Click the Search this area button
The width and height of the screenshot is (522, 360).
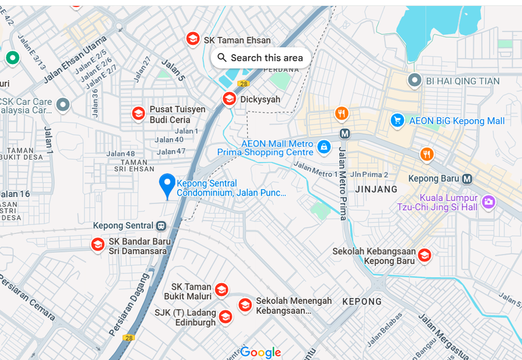(260, 57)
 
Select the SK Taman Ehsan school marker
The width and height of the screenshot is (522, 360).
(193, 39)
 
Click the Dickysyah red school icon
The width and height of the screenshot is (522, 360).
(229, 98)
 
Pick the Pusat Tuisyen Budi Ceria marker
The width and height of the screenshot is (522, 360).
(138, 113)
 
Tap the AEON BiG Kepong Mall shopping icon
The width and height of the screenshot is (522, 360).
(397, 120)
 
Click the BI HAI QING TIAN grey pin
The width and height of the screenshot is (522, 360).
(414, 80)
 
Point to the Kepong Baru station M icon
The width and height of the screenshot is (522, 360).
(467, 178)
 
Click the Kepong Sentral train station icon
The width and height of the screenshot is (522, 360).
(161, 226)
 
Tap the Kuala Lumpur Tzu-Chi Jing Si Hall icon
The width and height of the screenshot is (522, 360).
(489, 202)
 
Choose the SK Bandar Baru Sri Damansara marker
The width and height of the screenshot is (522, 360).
(97, 245)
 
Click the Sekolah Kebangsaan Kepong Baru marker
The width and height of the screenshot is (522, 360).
(424, 255)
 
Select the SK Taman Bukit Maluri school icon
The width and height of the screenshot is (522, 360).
(222, 290)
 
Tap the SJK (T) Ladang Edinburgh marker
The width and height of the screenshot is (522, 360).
(225, 317)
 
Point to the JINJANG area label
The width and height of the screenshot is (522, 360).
(376, 189)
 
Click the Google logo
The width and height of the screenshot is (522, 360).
(260, 352)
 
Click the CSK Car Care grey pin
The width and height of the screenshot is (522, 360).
(63, 104)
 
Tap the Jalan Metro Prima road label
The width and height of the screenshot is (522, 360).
(342, 183)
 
